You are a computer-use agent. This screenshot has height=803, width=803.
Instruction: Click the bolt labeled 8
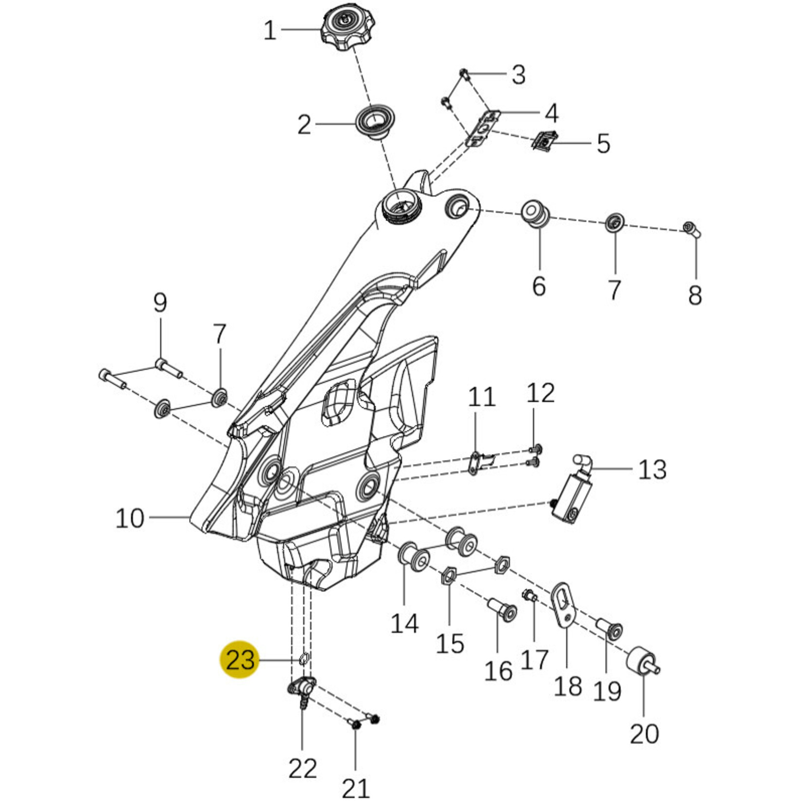click(691, 229)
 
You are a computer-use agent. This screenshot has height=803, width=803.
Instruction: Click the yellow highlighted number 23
click(240, 660)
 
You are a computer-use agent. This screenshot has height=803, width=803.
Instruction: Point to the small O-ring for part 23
click(304, 659)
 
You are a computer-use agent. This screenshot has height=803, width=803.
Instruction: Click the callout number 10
click(130, 518)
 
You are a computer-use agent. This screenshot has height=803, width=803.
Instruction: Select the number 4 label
click(551, 113)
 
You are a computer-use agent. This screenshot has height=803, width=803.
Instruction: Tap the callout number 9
click(160, 303)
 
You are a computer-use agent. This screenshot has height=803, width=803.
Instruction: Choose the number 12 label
click(541, 393)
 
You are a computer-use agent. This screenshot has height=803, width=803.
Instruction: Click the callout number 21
click(355, 788)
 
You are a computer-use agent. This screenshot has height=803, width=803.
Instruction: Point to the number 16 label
click(498, 671)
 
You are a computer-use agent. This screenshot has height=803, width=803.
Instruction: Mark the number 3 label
click(519, 75)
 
